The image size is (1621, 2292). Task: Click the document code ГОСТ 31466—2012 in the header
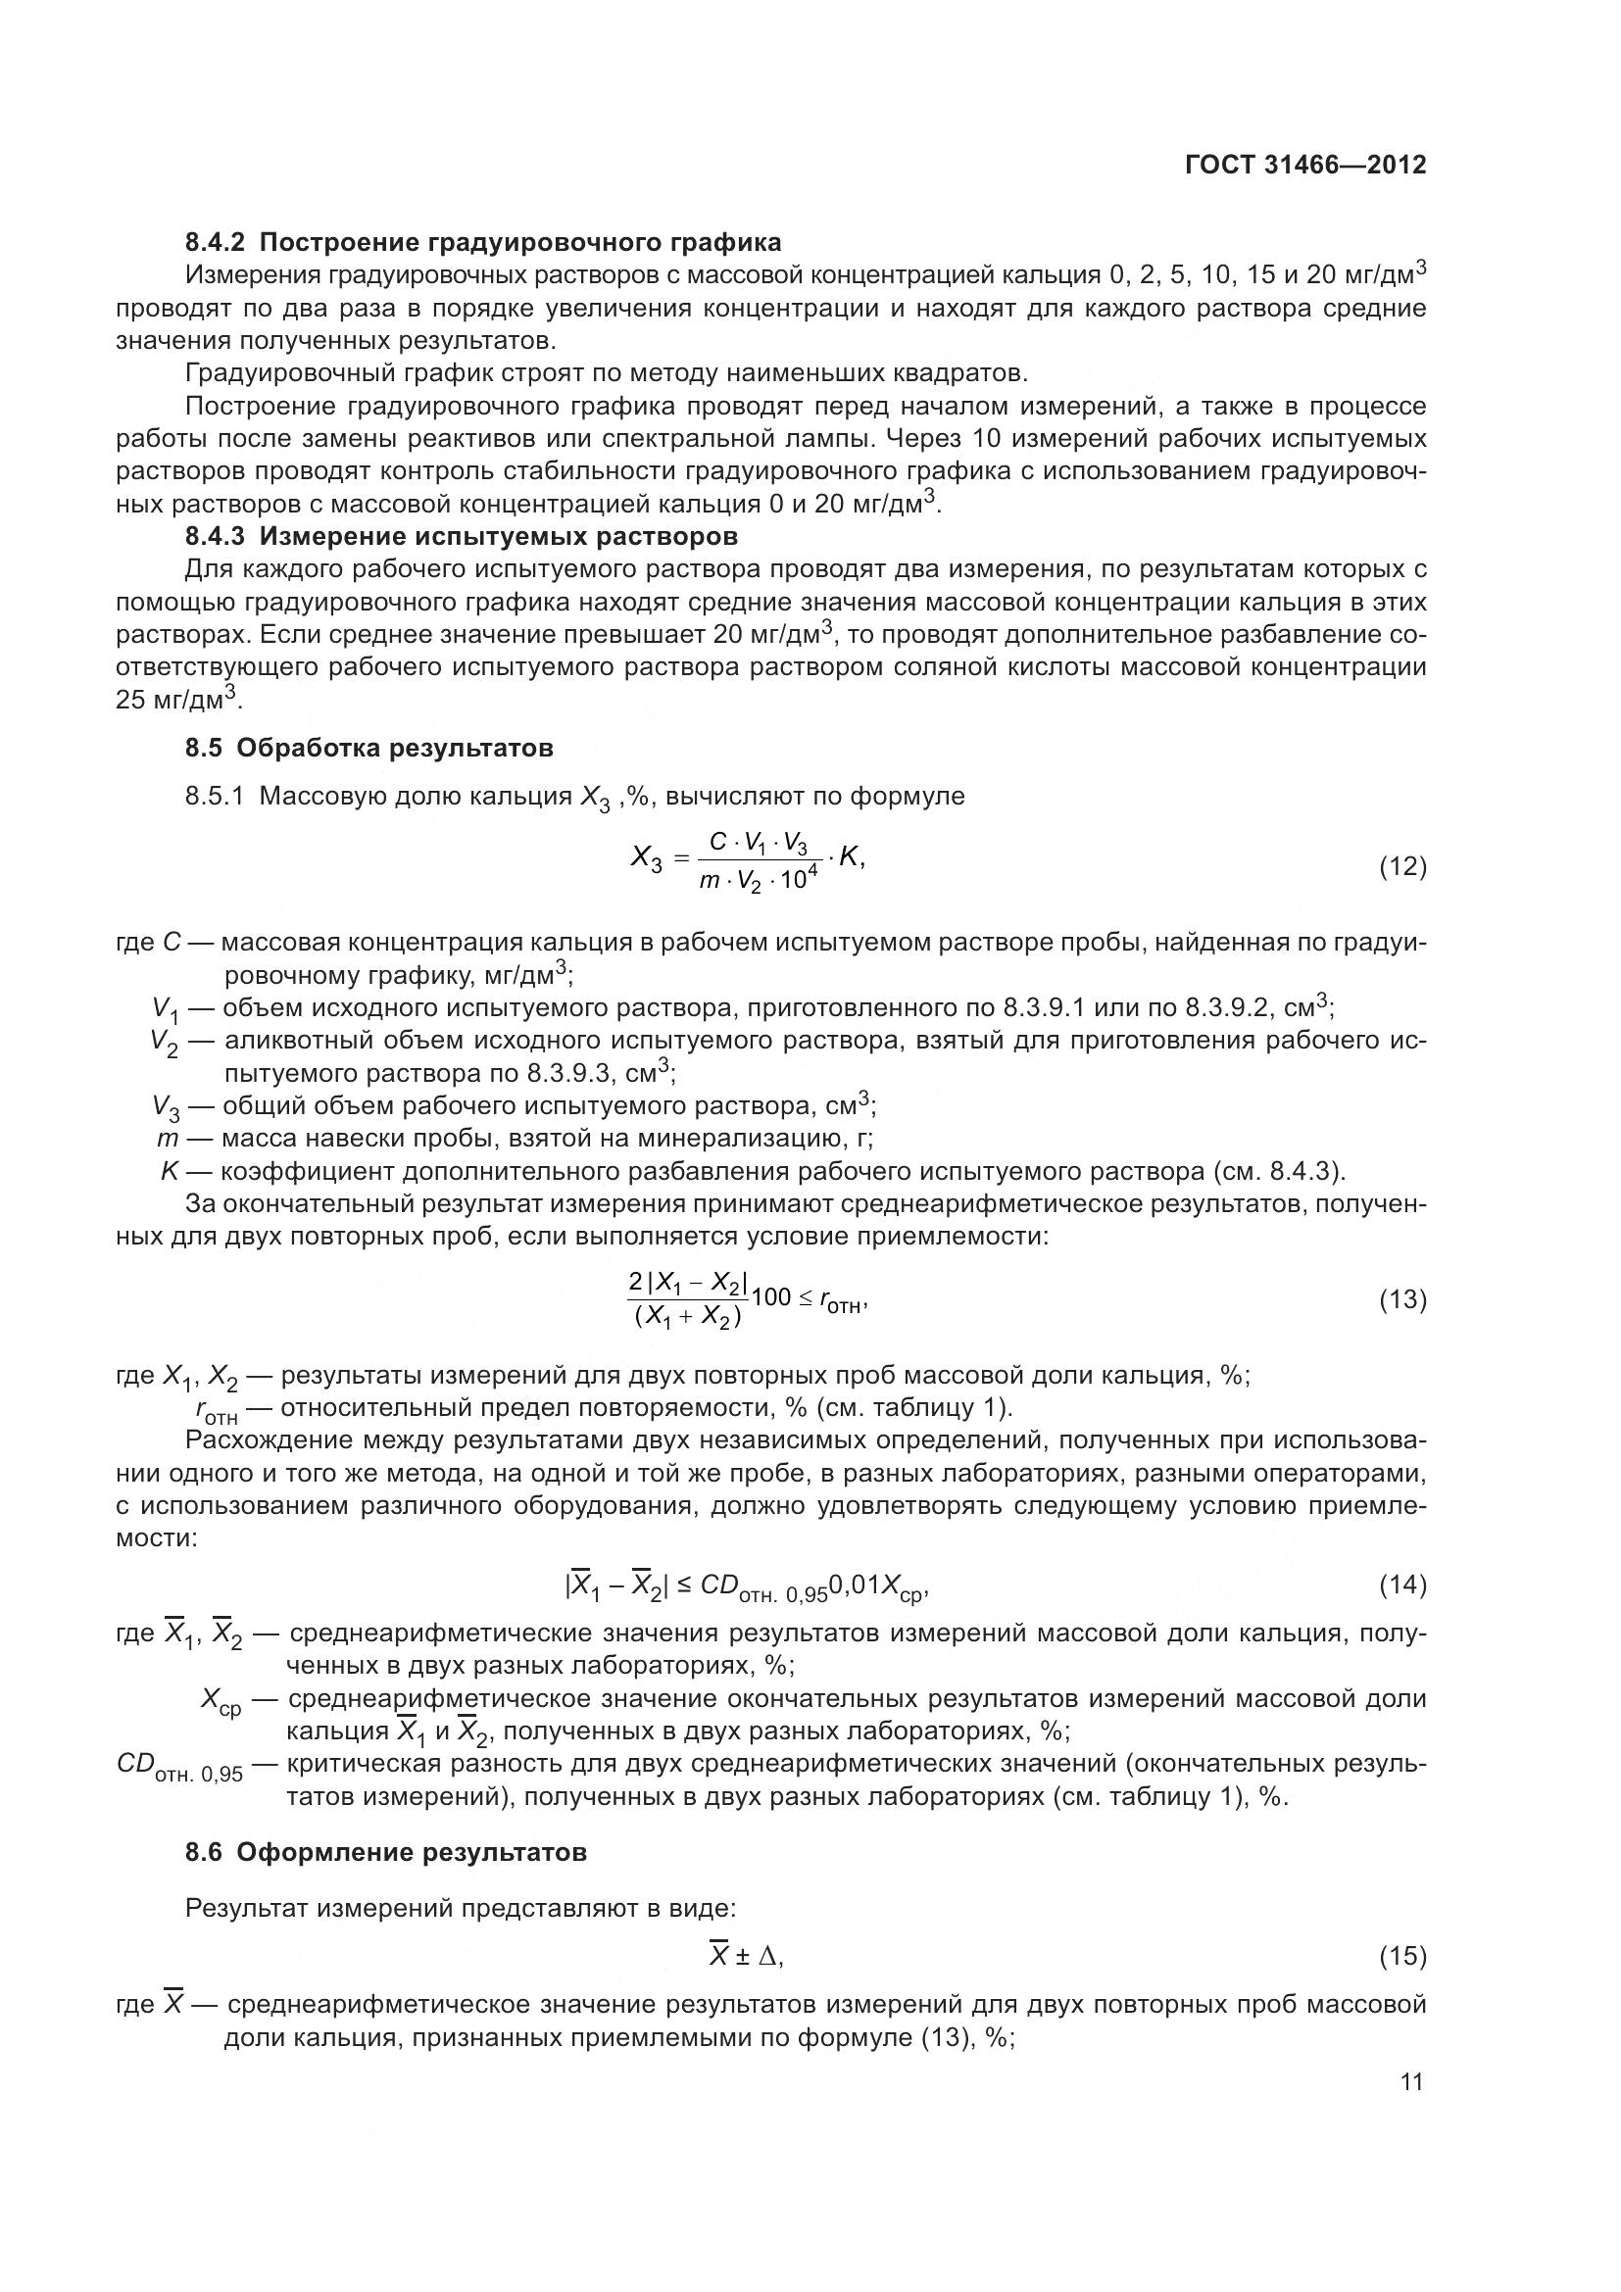(1305, 165)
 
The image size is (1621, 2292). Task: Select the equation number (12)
(1402, 866)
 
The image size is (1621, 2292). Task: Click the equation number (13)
(1402, 1299)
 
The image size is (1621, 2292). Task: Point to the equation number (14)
(1402, 1585)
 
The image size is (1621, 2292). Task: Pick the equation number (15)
(1402, 1957)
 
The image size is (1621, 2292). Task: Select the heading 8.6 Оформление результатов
(385, 1852)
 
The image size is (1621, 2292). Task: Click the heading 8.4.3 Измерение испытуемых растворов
(462, 536)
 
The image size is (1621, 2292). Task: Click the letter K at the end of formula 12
(850, 857)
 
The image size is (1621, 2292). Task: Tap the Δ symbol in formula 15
(768, 1957)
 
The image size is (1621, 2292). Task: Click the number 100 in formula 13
(770, 1297)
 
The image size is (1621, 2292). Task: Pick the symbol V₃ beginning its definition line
(166, 1107)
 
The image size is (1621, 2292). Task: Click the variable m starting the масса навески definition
(167, 1139)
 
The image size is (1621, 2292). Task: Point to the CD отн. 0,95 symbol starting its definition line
(179, 1765)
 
